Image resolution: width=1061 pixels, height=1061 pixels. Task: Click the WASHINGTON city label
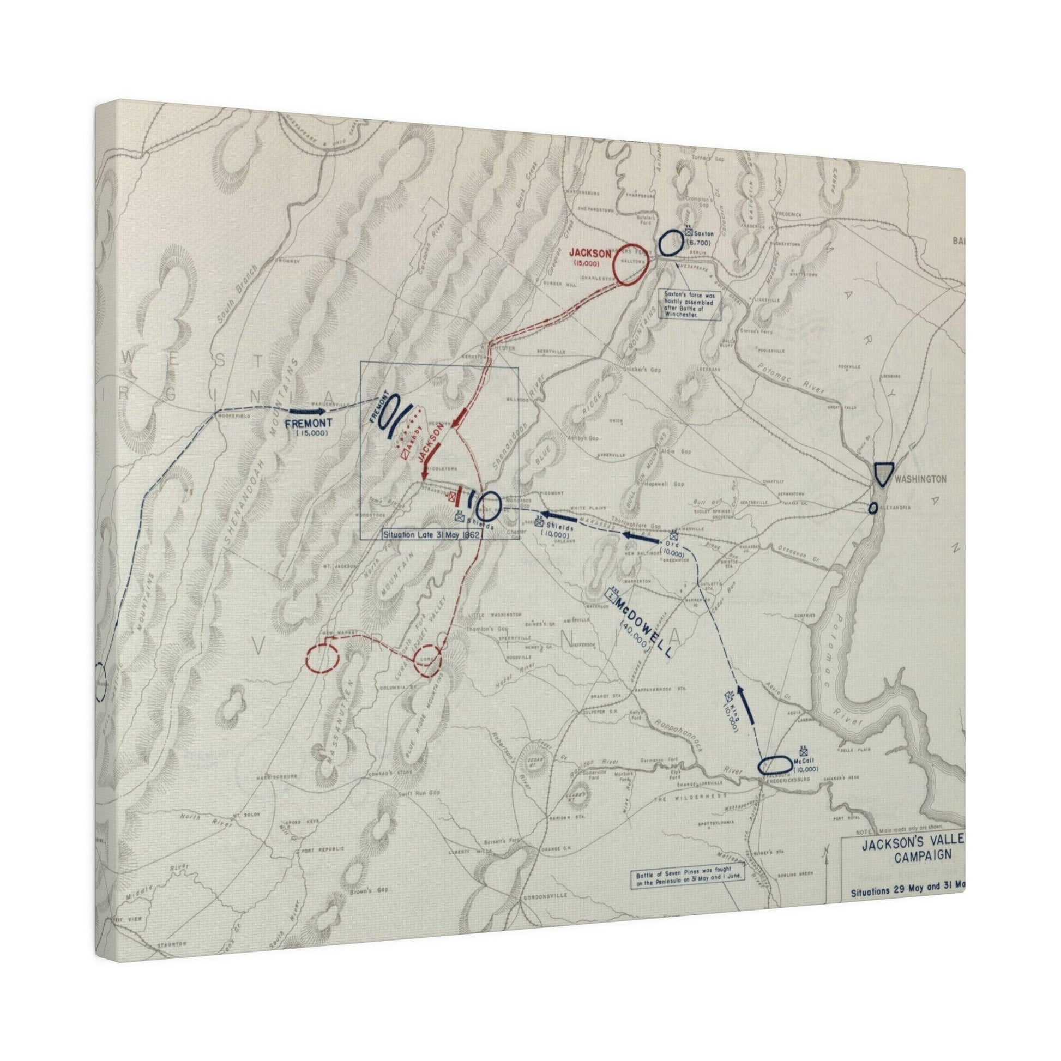920,479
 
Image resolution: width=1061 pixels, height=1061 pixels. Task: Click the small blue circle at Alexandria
873,508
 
